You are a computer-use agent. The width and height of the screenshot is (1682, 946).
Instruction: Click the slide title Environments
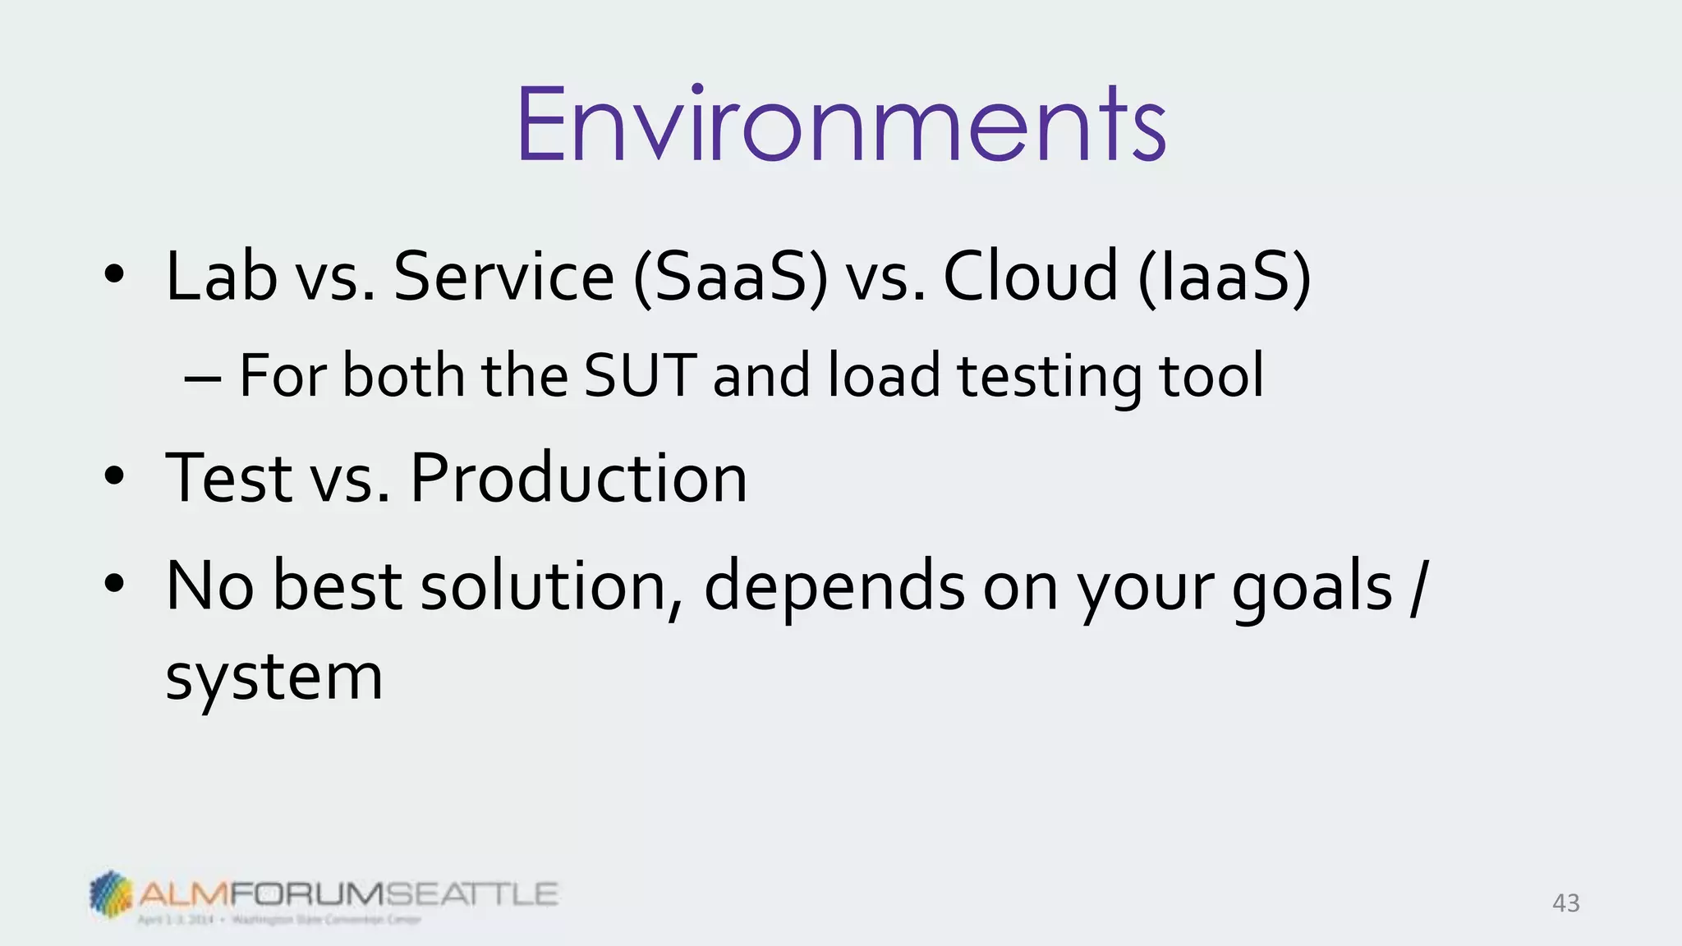pyautogui.click(x=841, y=125)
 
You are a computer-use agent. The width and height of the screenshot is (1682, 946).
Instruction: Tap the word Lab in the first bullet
pyautogui.click(x=221, y=276)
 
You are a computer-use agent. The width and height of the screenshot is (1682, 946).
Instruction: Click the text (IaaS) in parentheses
pyautogui.click(x=1225, y=278)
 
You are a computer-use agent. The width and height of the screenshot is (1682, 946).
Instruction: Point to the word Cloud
pyautogui.click(x=1031, y=276)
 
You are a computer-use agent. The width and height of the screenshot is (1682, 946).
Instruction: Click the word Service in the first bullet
pyautogui.click(x=503, y=276)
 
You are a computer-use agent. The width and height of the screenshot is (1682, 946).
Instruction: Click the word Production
pyautogui.click(x=578, y=478)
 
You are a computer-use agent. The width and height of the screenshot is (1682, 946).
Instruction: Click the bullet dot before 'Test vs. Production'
pyautogui.click(x=114, y=475)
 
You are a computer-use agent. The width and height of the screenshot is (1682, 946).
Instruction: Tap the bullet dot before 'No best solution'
pyautogui.click(x=114, y=584)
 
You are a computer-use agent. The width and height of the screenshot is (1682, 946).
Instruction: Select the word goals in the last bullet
pyautogui.click(x=1312, y=588)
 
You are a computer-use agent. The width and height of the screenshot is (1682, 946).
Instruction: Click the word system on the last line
pyautogui.click(x=274, y=678)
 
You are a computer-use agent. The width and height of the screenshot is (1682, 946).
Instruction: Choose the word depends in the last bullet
pyautogui.click(x=834, y=588)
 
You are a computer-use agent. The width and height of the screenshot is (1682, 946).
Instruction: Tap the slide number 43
pyautogui.click(x=1565, y=903)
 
